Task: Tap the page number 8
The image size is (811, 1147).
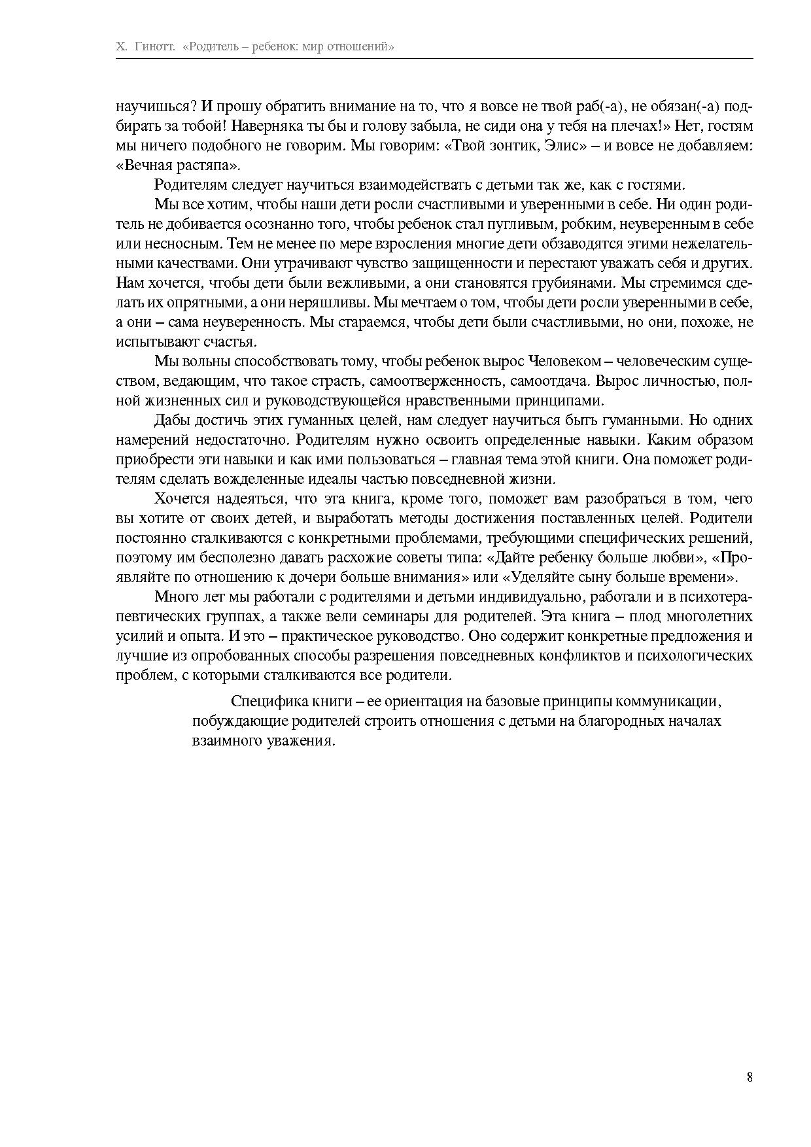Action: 750,1077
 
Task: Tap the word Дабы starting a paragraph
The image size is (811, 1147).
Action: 171,420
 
